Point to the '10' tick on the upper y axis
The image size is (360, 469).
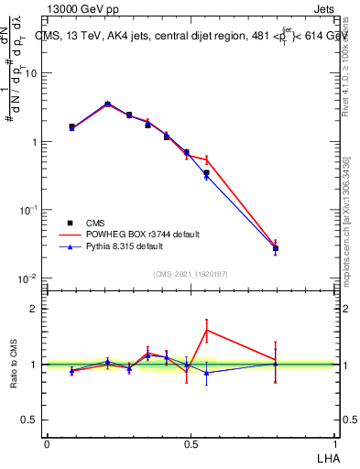click(x=33, y=74)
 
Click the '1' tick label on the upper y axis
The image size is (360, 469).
click(x=37, y=142)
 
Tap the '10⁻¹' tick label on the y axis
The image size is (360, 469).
click(x=29, y=210)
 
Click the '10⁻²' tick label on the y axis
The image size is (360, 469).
click(x=29, y=278)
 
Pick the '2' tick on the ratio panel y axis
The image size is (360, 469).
click(x=37, y=309)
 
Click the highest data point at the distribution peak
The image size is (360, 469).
click(x=108, y=104)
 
